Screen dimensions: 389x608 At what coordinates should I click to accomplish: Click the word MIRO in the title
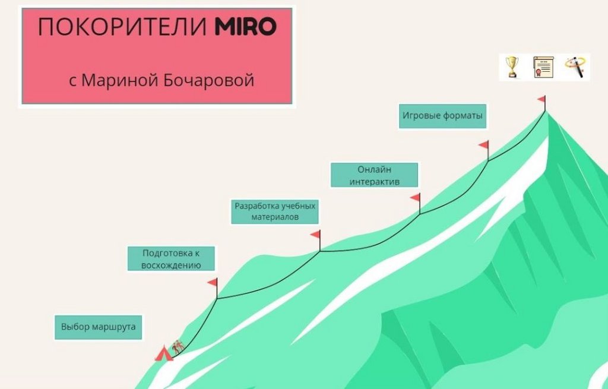(245, 27)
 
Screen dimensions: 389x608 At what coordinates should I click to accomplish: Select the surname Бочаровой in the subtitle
(208, 80)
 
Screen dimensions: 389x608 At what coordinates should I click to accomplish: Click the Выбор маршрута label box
(99, 327)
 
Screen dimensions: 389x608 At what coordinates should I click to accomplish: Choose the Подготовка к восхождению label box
(171, 259)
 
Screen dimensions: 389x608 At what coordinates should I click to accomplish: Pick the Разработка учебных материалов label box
(275, 211)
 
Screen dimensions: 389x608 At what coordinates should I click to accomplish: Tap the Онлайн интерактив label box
(374, 175)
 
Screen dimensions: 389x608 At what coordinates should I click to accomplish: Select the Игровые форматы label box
(442, 116)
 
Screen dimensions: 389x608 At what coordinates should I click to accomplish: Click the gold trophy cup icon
(511, 67)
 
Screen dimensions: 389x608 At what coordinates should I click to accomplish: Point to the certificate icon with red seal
(543, 67)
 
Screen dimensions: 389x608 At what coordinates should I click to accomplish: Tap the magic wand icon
(575, 67)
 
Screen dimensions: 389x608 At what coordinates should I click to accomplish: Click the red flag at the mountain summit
(541, 99)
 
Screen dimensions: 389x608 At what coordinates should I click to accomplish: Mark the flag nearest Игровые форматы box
(484, 145)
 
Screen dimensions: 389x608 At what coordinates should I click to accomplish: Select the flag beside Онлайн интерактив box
(416, 197)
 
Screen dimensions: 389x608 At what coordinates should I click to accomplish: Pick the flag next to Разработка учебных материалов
(316, 235)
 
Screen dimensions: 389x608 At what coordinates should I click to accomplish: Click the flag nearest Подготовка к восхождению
(213, 283)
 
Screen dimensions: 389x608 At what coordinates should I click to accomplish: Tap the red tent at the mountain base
(163, 354)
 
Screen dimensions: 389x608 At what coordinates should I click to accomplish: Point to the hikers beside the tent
(178, 347)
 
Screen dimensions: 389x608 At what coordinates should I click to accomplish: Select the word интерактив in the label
(375, 181)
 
